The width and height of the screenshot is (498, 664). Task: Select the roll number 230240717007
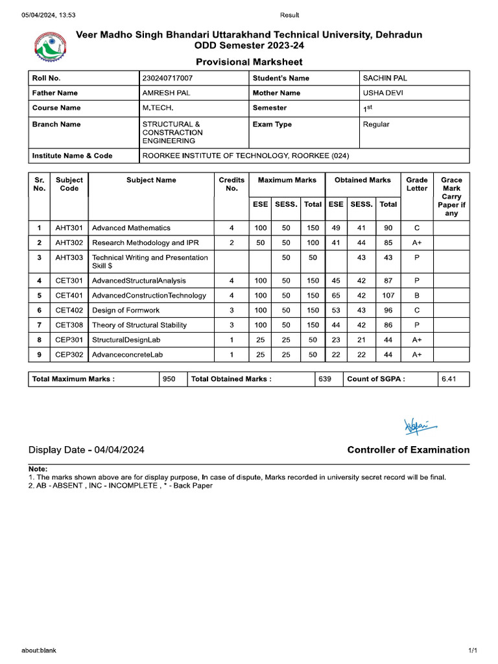click(167, 78)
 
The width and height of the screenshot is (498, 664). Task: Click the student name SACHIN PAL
click(385, 78)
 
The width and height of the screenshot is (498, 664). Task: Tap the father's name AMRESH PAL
click(166, 93)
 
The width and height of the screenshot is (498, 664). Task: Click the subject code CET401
click(69, 295)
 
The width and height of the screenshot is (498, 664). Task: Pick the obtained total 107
click(388, 295)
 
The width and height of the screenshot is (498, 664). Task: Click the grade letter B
click(417, 295)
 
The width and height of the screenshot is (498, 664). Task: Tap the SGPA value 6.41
click(449, 379)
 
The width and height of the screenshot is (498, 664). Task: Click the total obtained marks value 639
click(325, 379)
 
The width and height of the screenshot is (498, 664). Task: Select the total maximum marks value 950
click(169, 379)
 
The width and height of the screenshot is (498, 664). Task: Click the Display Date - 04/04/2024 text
click(86, 450)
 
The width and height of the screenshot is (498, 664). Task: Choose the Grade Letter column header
click(417, 184)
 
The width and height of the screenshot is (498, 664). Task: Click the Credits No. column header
click(231, 184)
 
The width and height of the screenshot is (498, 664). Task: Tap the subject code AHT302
click(69, 243)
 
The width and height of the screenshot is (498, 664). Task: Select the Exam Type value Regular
click(376, 124)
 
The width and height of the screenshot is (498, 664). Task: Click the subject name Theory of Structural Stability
click(139, 325)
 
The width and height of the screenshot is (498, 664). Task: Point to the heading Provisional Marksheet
click(249, 62)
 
